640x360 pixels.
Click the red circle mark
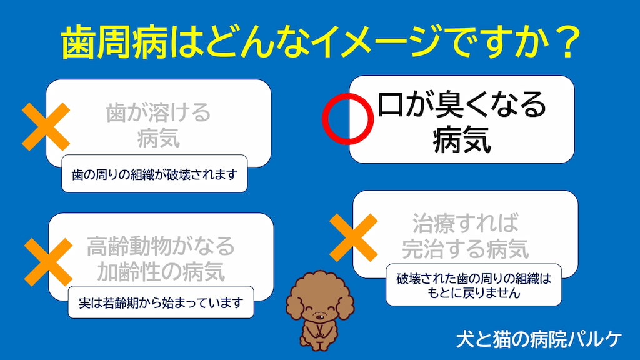coord(323,119)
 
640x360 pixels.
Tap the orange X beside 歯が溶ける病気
coord(46,126)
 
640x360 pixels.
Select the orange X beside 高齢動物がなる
coord(48,262)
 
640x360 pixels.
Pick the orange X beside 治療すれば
coord(354,237)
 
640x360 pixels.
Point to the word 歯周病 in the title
coord(115,42)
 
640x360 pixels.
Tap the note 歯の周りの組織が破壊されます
coord(154,174)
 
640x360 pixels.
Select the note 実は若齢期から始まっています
coord(161,302)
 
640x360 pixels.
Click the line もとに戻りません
coord(474,292)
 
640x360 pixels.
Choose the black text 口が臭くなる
coord(462,105)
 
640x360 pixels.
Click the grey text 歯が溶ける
coord(158,112)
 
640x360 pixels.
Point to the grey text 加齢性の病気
coord(161,271)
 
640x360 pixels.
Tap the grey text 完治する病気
coord(465,249)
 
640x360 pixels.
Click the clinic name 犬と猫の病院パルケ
coord(538,339)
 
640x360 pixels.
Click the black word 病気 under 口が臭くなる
coord(462,139)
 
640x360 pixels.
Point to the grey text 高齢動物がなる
coord(161,246)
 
